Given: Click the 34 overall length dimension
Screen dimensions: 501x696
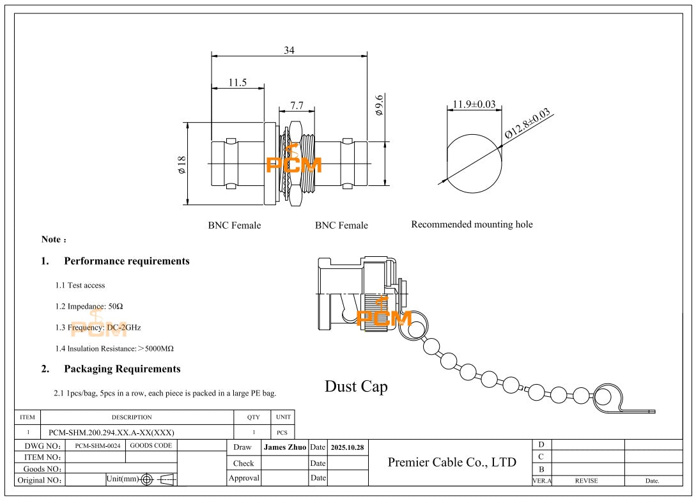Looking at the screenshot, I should tap(289, 50).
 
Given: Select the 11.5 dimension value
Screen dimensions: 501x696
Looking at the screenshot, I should tap(237, 83).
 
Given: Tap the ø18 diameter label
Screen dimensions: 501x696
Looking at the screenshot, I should tap(182, 165).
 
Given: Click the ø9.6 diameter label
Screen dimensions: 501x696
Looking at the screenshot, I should tap(379, 105).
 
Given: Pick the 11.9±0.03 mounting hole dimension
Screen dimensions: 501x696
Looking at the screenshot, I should tap(474, 104).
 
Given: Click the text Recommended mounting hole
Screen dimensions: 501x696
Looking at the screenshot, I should tap(472, 224).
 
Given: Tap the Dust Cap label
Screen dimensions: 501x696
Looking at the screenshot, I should tap(356, 387).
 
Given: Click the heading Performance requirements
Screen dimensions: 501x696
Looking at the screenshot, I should tap(127, 261).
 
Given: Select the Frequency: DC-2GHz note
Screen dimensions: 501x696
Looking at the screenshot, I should tap(98, 327).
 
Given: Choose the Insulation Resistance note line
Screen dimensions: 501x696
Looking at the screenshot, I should tap(114, 349).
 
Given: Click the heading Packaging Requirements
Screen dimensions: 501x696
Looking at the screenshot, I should tap(122, 369).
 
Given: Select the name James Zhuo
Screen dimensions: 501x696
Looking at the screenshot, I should tap(285, 447).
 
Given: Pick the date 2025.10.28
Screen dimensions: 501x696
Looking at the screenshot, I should tap(347, 447).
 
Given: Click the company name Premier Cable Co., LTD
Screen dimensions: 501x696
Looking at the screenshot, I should tap(452, 462).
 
